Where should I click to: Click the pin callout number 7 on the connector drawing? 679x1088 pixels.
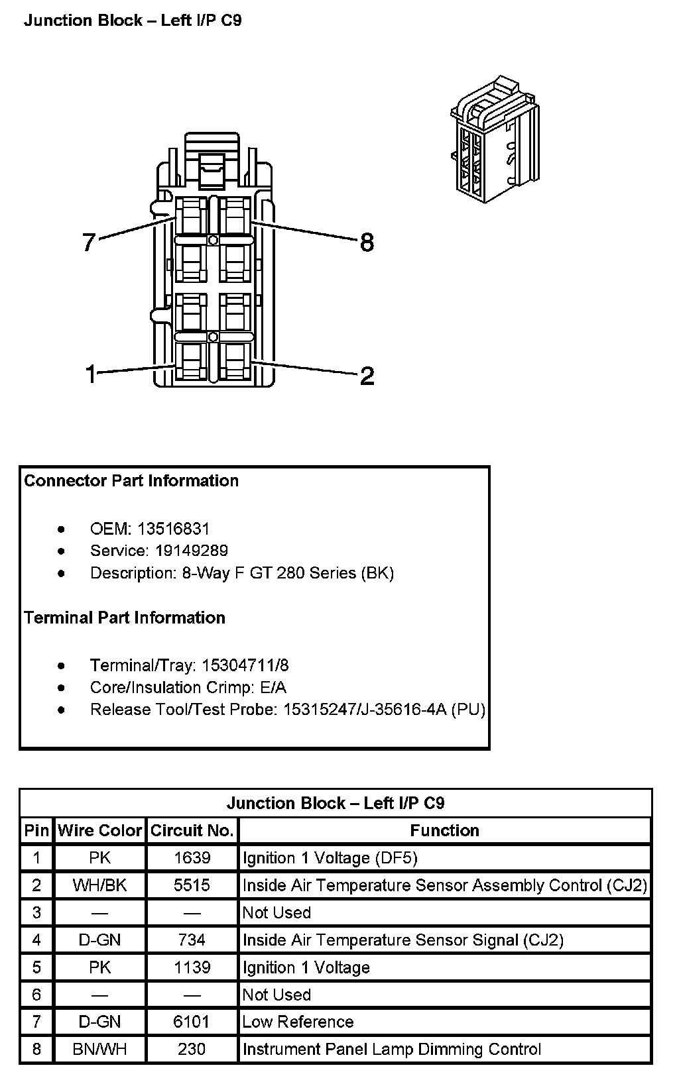click(90, 243)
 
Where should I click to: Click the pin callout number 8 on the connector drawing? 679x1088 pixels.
click(367, 243)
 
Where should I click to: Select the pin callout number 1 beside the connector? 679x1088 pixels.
click(92, 375)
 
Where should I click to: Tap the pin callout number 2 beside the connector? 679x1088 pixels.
click(367, 376)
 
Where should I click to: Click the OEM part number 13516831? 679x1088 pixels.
click(173, 529)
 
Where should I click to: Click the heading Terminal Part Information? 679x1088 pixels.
click(125, 618)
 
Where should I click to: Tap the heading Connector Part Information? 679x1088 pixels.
click(131, 480)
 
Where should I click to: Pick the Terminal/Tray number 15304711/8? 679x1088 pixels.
click(245, 665)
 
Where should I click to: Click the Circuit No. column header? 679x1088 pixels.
click(192, 831)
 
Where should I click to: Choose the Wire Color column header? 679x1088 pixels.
click(100, 831)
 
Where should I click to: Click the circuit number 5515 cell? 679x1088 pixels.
click(192, 885)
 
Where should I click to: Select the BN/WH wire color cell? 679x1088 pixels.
click(100, 1050)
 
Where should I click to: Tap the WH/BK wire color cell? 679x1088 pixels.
click(100, 885)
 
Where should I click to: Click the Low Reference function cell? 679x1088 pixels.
click(298, 1022)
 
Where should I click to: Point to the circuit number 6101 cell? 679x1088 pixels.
click(192, 1022)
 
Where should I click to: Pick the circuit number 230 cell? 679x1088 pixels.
click(192, 1050)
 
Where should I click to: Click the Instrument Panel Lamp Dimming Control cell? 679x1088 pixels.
click(392, 1050)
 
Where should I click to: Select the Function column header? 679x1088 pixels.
click(444, 831)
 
